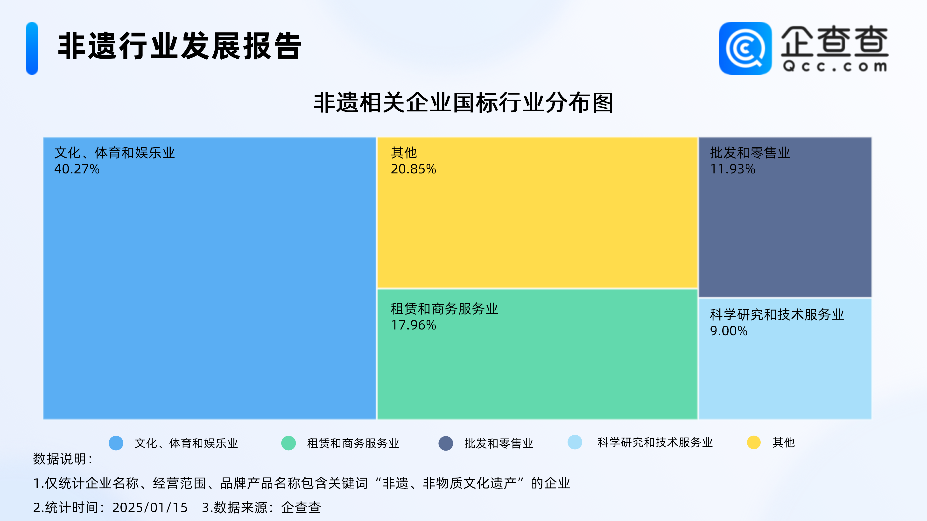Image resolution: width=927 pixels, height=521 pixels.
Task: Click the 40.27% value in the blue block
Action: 77,169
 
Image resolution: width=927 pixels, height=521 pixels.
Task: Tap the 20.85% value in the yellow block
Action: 414,169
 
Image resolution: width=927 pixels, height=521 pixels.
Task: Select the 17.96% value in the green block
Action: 414,325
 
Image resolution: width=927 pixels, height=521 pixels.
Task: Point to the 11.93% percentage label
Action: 733,169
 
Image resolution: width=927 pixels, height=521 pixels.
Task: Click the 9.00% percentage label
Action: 729,331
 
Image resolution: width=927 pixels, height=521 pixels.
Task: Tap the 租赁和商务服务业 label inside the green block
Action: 444,309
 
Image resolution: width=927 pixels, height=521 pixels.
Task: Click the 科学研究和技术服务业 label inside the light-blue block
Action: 777,315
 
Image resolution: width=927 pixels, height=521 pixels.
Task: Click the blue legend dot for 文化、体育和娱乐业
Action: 116,443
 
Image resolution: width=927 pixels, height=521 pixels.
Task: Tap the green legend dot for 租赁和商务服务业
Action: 288,443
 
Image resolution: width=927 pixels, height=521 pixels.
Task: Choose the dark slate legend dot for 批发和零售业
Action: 445,443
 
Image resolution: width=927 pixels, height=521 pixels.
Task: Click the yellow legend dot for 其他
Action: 753,442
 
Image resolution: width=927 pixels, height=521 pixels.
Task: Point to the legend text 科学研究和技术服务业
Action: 655,442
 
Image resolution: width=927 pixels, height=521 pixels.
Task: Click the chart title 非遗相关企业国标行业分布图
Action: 463,103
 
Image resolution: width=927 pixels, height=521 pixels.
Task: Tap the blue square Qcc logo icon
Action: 745,48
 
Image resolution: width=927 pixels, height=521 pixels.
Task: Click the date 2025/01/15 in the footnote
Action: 150,507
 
